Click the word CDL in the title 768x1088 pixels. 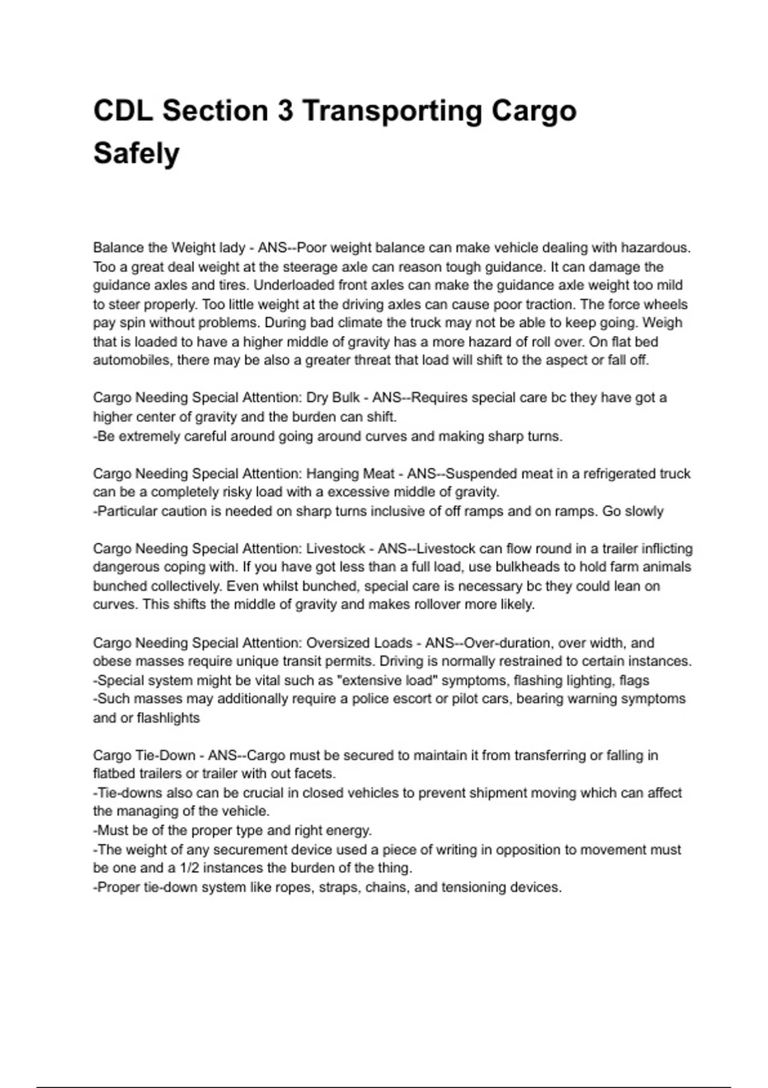pos(123,111)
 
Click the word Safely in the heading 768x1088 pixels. pos(136,154)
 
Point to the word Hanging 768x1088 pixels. pos(333,474)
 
